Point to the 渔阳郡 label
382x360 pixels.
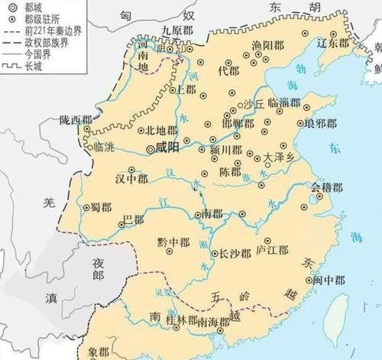[267, 47]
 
